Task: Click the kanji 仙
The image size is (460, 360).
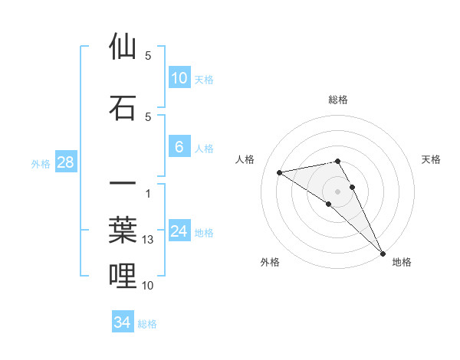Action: [123, 47]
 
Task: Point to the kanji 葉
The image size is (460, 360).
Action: [123, 231]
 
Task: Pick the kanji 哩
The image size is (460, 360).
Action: [123, 276]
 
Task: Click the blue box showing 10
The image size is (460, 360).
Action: [179, 78]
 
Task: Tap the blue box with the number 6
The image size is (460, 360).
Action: [179, 147]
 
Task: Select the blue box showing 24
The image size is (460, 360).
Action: [179, 231]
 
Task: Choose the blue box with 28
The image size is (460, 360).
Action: [65, 162]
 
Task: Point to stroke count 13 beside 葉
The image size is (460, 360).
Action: [149, 241]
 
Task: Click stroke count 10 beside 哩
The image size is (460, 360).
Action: [149, 286]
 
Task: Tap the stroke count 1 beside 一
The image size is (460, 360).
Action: [147, 193]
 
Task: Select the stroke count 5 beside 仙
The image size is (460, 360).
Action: [148, 56]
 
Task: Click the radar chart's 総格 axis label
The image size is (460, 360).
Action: [338, 100]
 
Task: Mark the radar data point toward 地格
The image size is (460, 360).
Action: [383, 253]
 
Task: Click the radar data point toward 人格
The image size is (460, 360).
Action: [280, 172]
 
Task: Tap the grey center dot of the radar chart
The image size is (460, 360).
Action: [338, 191]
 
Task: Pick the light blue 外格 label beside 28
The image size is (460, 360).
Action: [40, 163]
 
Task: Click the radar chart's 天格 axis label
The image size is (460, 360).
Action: [432, 159]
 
